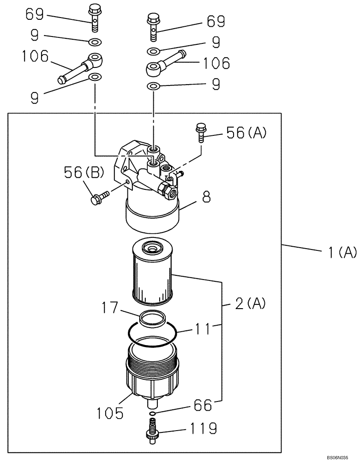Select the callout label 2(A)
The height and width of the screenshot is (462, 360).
pyautogui.click(x=250, y=303)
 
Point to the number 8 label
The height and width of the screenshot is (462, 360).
pyautogui.click(x=206, y=198)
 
